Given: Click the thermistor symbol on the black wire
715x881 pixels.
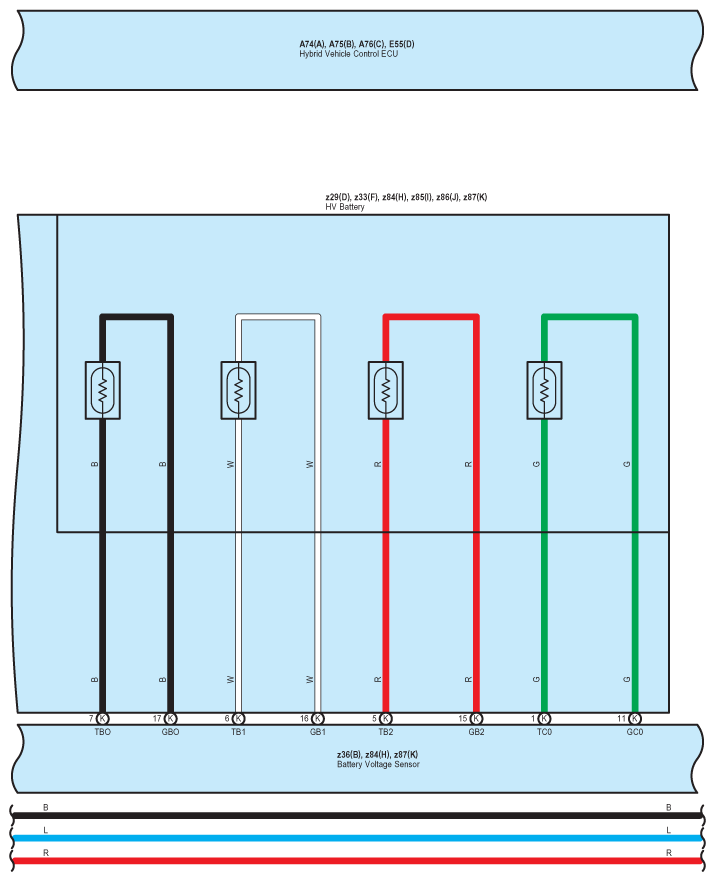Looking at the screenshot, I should click(103, 390).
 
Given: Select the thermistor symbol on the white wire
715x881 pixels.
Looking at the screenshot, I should click(238, 390).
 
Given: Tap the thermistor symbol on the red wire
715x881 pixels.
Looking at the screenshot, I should click(386, 390).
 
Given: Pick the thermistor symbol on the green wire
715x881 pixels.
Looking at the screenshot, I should click(544, 390).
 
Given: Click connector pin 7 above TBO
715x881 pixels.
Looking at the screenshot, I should click(103, 718).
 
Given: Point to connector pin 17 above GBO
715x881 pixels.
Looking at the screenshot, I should click(171, 718).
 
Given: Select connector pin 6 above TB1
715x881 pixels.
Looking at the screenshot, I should click(238, 718).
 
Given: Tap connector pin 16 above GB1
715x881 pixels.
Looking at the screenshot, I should click(318, 718).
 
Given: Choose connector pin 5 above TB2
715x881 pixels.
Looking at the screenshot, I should click(386, 718).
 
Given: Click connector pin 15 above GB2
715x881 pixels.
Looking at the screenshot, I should click(476, 718).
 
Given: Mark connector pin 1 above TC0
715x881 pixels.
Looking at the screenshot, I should click(544, 718).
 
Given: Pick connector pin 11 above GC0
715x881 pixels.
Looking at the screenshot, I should click(635, 718).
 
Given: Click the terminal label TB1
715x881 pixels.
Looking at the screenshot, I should click(238, 732).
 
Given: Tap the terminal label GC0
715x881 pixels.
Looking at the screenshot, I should click(635, 732).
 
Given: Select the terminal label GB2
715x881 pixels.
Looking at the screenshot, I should click(476, 732).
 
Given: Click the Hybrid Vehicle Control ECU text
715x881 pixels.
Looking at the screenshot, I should click(356, 53).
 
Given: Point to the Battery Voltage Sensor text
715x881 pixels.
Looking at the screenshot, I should click(377, 764).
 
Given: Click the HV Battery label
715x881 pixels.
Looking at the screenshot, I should click(345, 207).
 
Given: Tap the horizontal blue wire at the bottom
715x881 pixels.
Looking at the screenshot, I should click(357, 838).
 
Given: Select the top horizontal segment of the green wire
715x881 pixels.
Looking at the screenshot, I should click(589, 317).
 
